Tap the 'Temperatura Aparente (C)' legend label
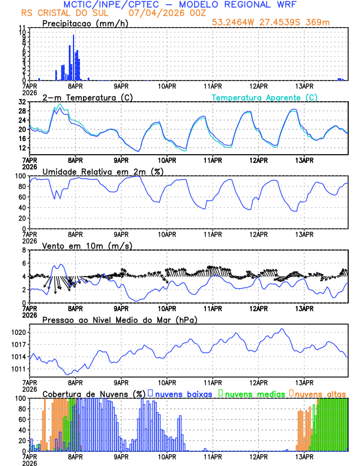click(265, 97)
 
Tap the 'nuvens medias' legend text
click(254, 394)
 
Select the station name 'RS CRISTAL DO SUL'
click(61, 12)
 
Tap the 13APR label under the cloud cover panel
click(304, 456)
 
